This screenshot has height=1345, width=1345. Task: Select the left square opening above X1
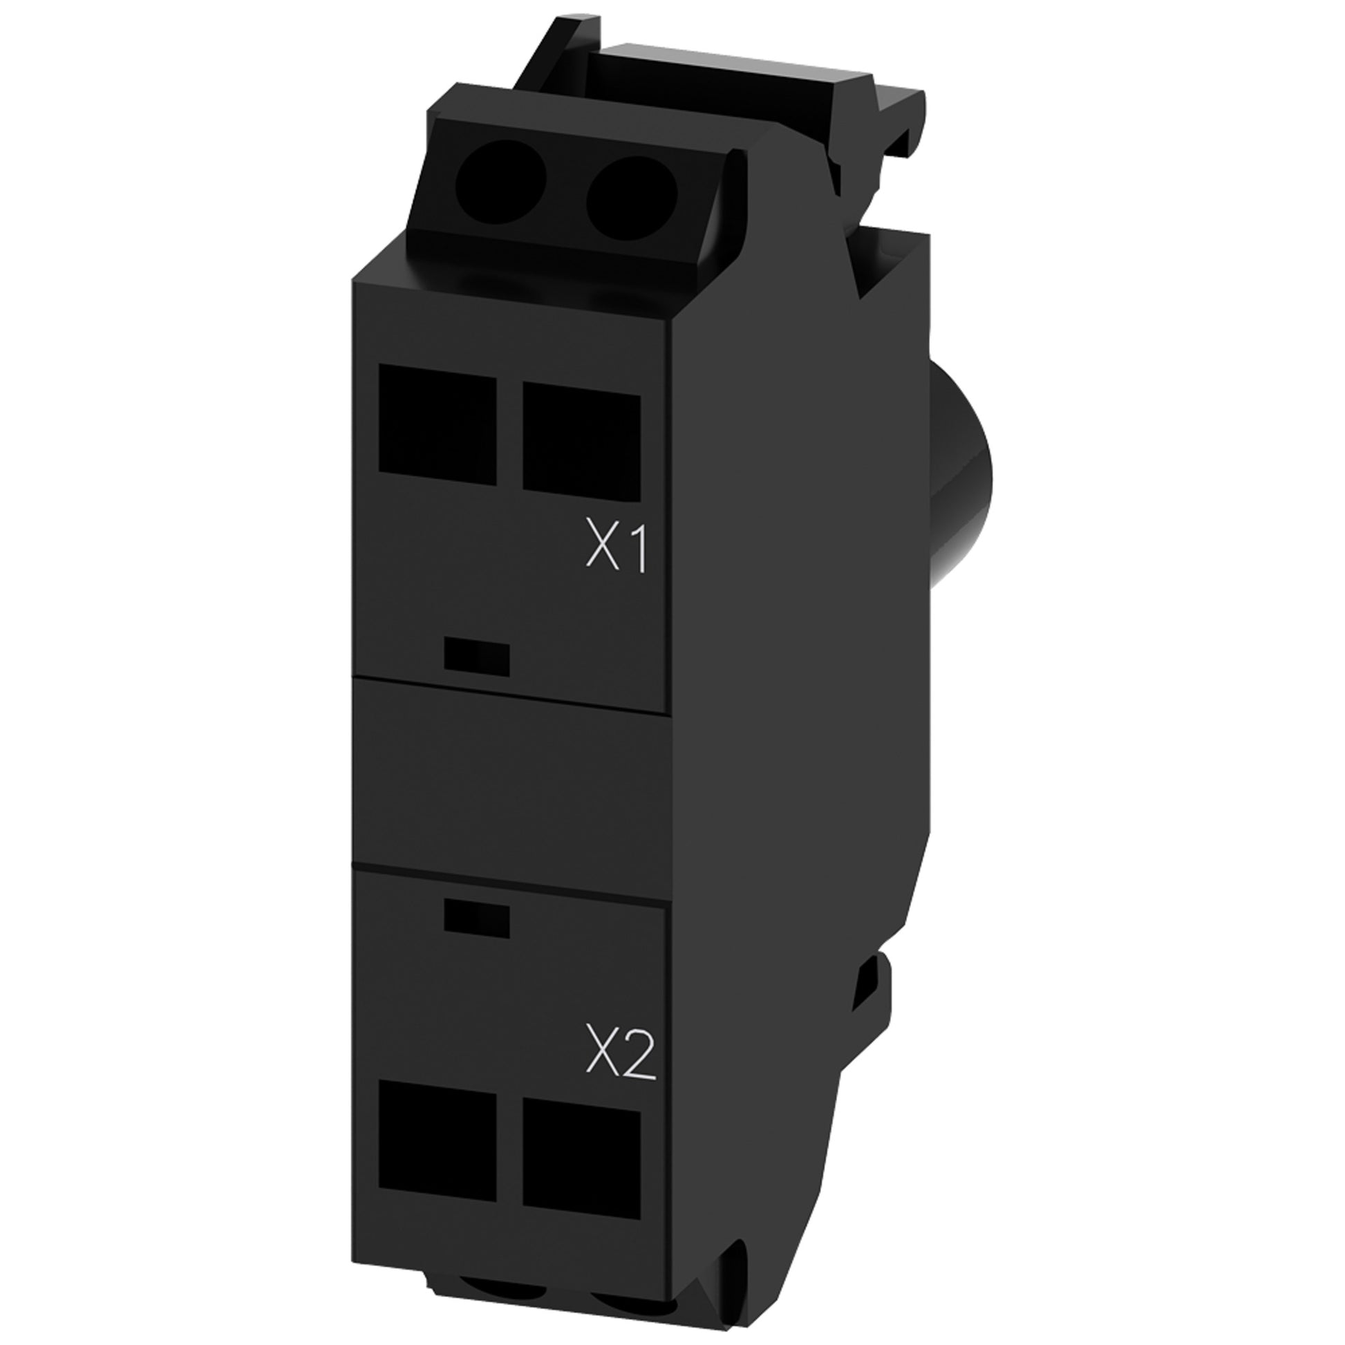coord(438,425)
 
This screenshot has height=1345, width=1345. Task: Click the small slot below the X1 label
coord(476,658)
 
